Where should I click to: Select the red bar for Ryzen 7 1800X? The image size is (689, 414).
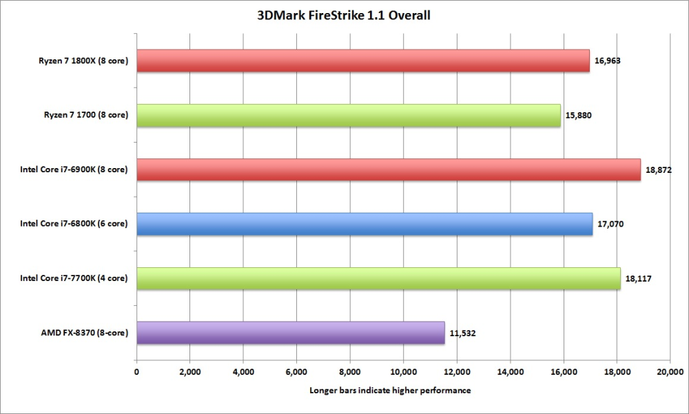pyautogui.click(x=363, y=61)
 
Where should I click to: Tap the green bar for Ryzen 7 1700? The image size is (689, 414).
pyautogui.click(x=349, y=115)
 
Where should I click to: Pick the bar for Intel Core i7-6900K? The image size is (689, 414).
pyautogui.click(x=389, y=169)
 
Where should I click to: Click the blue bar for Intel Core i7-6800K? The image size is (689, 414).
pyautogui.click(x=364, y=224)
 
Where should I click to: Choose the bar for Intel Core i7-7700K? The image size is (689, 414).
pyautogui.click(x=378, y=278)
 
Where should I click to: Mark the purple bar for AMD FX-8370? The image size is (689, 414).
pyautogui.click(x=291, y=333)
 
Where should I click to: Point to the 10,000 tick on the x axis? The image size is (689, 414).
pyautogui.click(x=403, y=372)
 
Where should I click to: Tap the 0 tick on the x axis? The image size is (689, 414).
pyautogui.click(x=136, y=372)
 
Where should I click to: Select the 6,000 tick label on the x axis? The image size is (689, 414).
pyautogui.click(x=296, y=372)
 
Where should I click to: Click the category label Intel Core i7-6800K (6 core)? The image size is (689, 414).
pyautogui.click(x=73, y=224)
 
